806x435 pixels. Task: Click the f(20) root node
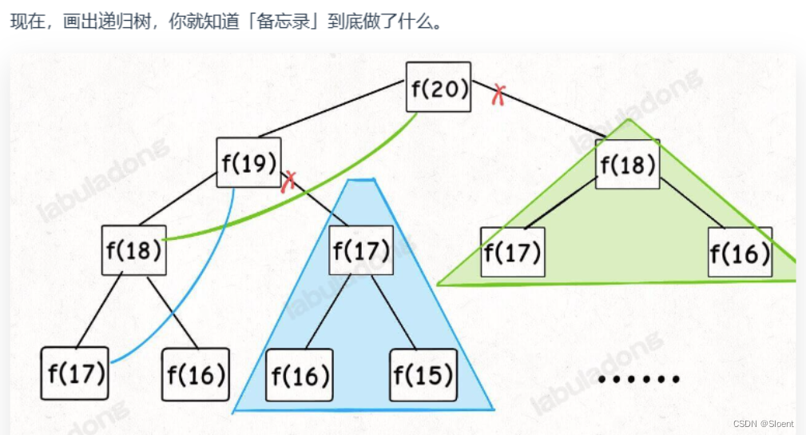pyautogui.click(x=439, y=87)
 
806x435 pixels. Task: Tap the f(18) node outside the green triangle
pyautogui.click(x=134, y=250)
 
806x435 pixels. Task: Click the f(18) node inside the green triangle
pyautogui.click(x=627, y=164)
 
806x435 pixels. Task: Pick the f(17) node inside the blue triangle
pyautogui.click(x=361, y=251)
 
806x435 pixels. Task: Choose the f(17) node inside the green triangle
pyautogui.click(x=512, y=252)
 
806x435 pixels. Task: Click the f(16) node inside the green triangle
pyautogui.click(x=740, y=252)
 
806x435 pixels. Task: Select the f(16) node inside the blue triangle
pyautogui.click(x=299, y=374)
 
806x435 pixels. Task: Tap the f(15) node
pyautogui.click(x=423, y=374)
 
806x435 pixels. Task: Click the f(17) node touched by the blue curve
pyautogui.click(x=74, y=373)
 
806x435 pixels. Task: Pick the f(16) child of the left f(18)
pyautogui.click(x=196, y=373)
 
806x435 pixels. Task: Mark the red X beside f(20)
pyautogui.click(x=498, y=94)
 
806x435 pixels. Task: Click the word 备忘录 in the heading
pyautogui.click(x=282, y=20)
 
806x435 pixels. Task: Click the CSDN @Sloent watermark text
pyautogui.click(x=765, y=424)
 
